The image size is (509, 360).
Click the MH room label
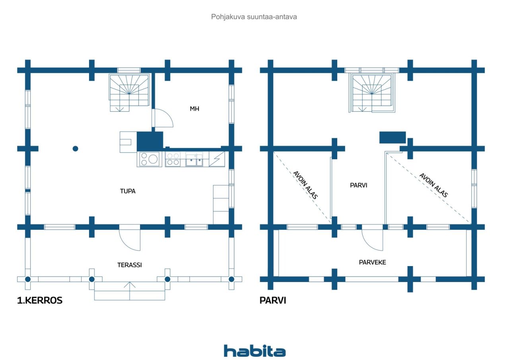point(194,109)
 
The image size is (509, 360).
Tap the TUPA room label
point(128,191)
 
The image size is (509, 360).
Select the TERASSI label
point(130,265)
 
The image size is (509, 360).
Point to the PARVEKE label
point(373,262)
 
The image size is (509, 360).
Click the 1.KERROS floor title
point(40,300)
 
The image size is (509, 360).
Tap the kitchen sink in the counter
point(194,160)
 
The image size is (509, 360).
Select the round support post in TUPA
point(76,149)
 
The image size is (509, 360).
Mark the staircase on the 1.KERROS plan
point(129,93)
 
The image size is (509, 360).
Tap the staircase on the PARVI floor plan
point(372,93)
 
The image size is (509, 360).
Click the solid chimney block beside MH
point(150,141)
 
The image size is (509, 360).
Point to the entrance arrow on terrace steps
point(130,291)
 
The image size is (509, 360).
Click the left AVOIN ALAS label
point(305,185)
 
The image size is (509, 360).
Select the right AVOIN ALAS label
point(433,185)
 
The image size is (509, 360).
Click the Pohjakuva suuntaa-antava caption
point(254,17)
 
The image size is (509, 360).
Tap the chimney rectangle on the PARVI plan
point(392,138)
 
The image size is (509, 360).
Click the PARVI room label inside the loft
point(359,185)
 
